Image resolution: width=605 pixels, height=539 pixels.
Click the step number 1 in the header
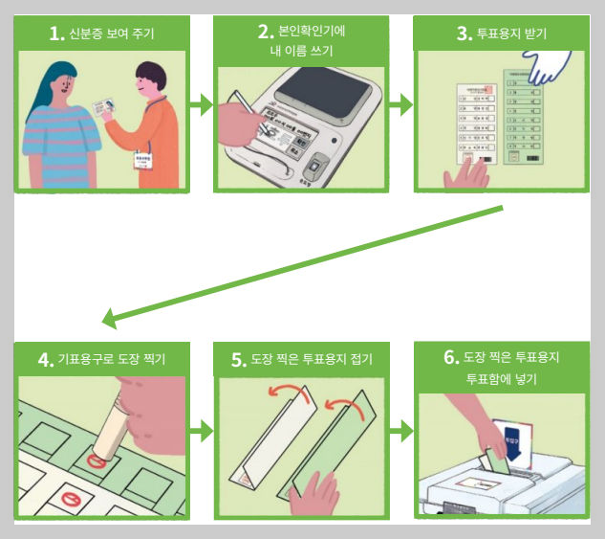pyautogui.click(x=55, y=34)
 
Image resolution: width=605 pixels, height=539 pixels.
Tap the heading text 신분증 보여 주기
pyautogui.click(x=112, y=35)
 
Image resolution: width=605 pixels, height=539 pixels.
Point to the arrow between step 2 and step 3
pyautogui.click(x=401, y=105)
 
